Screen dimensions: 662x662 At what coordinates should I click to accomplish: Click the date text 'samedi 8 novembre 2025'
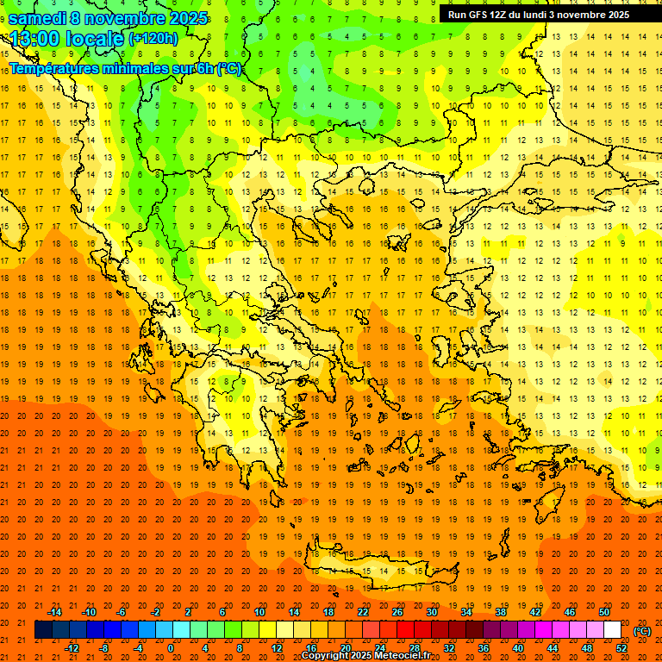point(108,18)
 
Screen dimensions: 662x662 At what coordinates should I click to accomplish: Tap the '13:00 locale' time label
point(67,38)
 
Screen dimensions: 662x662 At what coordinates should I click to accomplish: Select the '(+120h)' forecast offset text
point(153,38)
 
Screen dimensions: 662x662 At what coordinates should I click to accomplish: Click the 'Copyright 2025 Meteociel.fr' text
point(365,656)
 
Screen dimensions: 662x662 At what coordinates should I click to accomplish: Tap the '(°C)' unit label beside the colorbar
point(641,631)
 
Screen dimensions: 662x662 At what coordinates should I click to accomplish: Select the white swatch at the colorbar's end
point(613,630)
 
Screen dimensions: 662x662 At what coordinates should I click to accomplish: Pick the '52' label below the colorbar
point(621,648)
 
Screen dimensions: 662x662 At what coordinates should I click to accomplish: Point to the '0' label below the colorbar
point(171,648)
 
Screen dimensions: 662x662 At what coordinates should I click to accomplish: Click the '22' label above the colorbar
point(363,612)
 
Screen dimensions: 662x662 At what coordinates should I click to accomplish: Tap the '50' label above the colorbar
point(604,612)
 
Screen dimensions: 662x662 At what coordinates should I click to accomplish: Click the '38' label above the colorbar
point(501,612)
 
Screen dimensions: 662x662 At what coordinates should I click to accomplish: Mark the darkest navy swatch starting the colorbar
point(43,630)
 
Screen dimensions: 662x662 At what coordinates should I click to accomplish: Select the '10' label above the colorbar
point(259,612)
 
